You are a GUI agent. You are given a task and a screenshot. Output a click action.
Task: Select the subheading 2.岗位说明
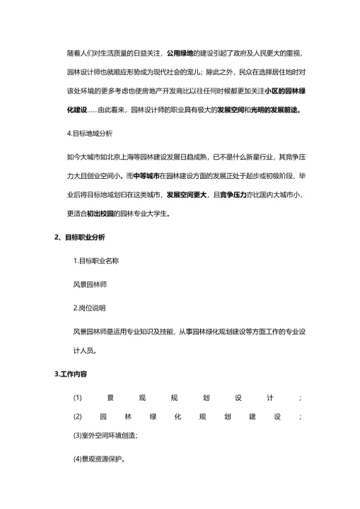(x=90, y=308)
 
